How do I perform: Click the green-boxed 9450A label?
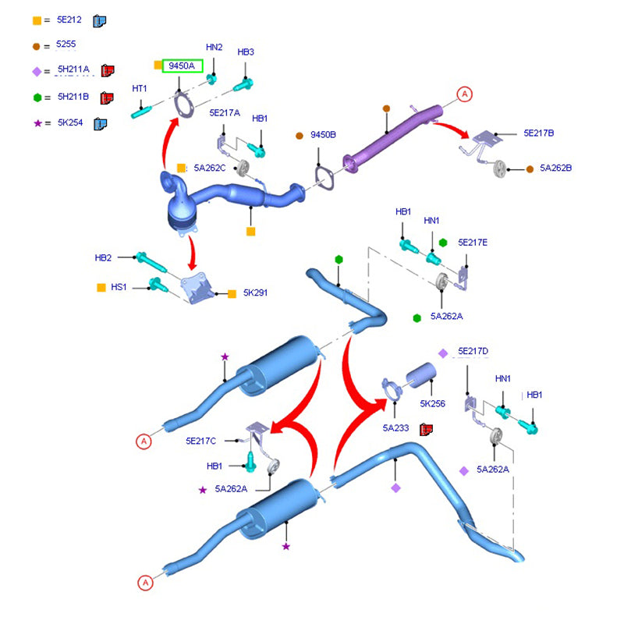coord(184,66)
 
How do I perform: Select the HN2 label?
coord(214,48)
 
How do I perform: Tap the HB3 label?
coord(246,52)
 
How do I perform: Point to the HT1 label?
coord(140,88)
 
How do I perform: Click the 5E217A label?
coord(225,113)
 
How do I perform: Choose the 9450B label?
coord(323,135)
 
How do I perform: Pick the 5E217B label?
coord(539,133)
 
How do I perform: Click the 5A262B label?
coord(556,168)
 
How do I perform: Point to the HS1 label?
coord(119,287)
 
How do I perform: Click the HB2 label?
coord(104,257)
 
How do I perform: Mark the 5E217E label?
coord(473,243)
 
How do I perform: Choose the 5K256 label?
coord(432,404)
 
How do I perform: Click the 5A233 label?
coord(395,428)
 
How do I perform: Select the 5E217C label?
coord(201,441)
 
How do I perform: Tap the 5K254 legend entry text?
coord(70,123)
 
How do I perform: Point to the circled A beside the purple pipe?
coord(465,95)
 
